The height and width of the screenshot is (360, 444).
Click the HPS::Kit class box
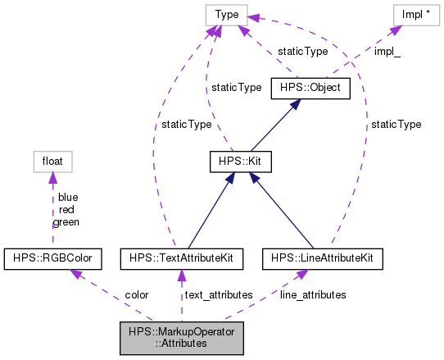pos(238,164)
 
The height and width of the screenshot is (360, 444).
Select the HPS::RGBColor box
pos(53,259)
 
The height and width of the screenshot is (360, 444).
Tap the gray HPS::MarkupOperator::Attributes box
pos(181,336)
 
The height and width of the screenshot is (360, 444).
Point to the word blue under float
pos(68,198)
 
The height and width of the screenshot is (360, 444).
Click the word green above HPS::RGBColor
pos(66,221)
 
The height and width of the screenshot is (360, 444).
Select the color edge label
pos(136,294)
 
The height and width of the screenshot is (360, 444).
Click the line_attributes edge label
pos(313,294)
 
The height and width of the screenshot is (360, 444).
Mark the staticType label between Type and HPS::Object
pos(302,51)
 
